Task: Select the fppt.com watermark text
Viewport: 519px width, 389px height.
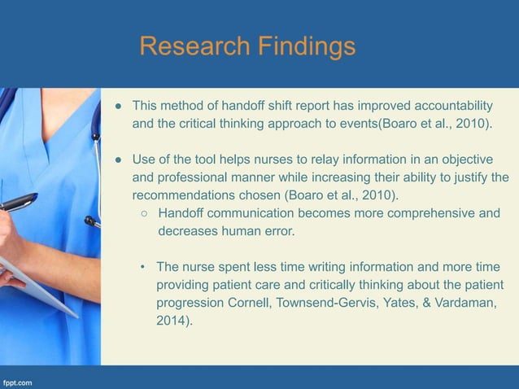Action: (x=19, y=380)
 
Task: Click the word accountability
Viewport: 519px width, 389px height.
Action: (x=453, y=106)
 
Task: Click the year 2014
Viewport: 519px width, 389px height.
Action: (x=172, y=321)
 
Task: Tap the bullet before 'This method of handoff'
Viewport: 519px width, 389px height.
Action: (x=117, y=107)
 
